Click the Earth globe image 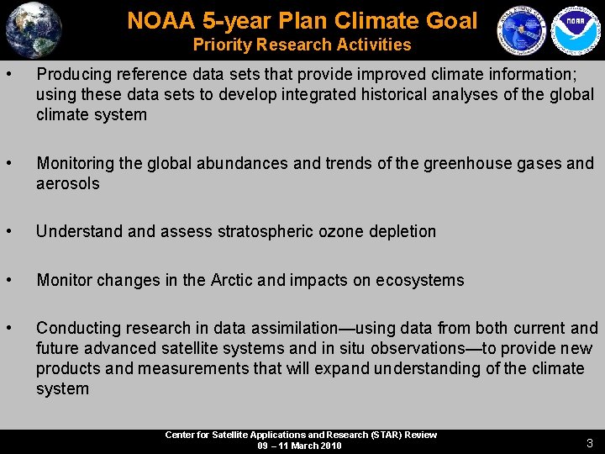tap(33, 29)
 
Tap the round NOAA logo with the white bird tap(572, 31)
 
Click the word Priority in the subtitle tap(224, 45)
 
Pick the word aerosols tap(67, 183)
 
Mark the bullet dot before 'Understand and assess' tap(8, 230)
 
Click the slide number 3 tap(590, 442)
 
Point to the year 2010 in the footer tap(329, 446)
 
